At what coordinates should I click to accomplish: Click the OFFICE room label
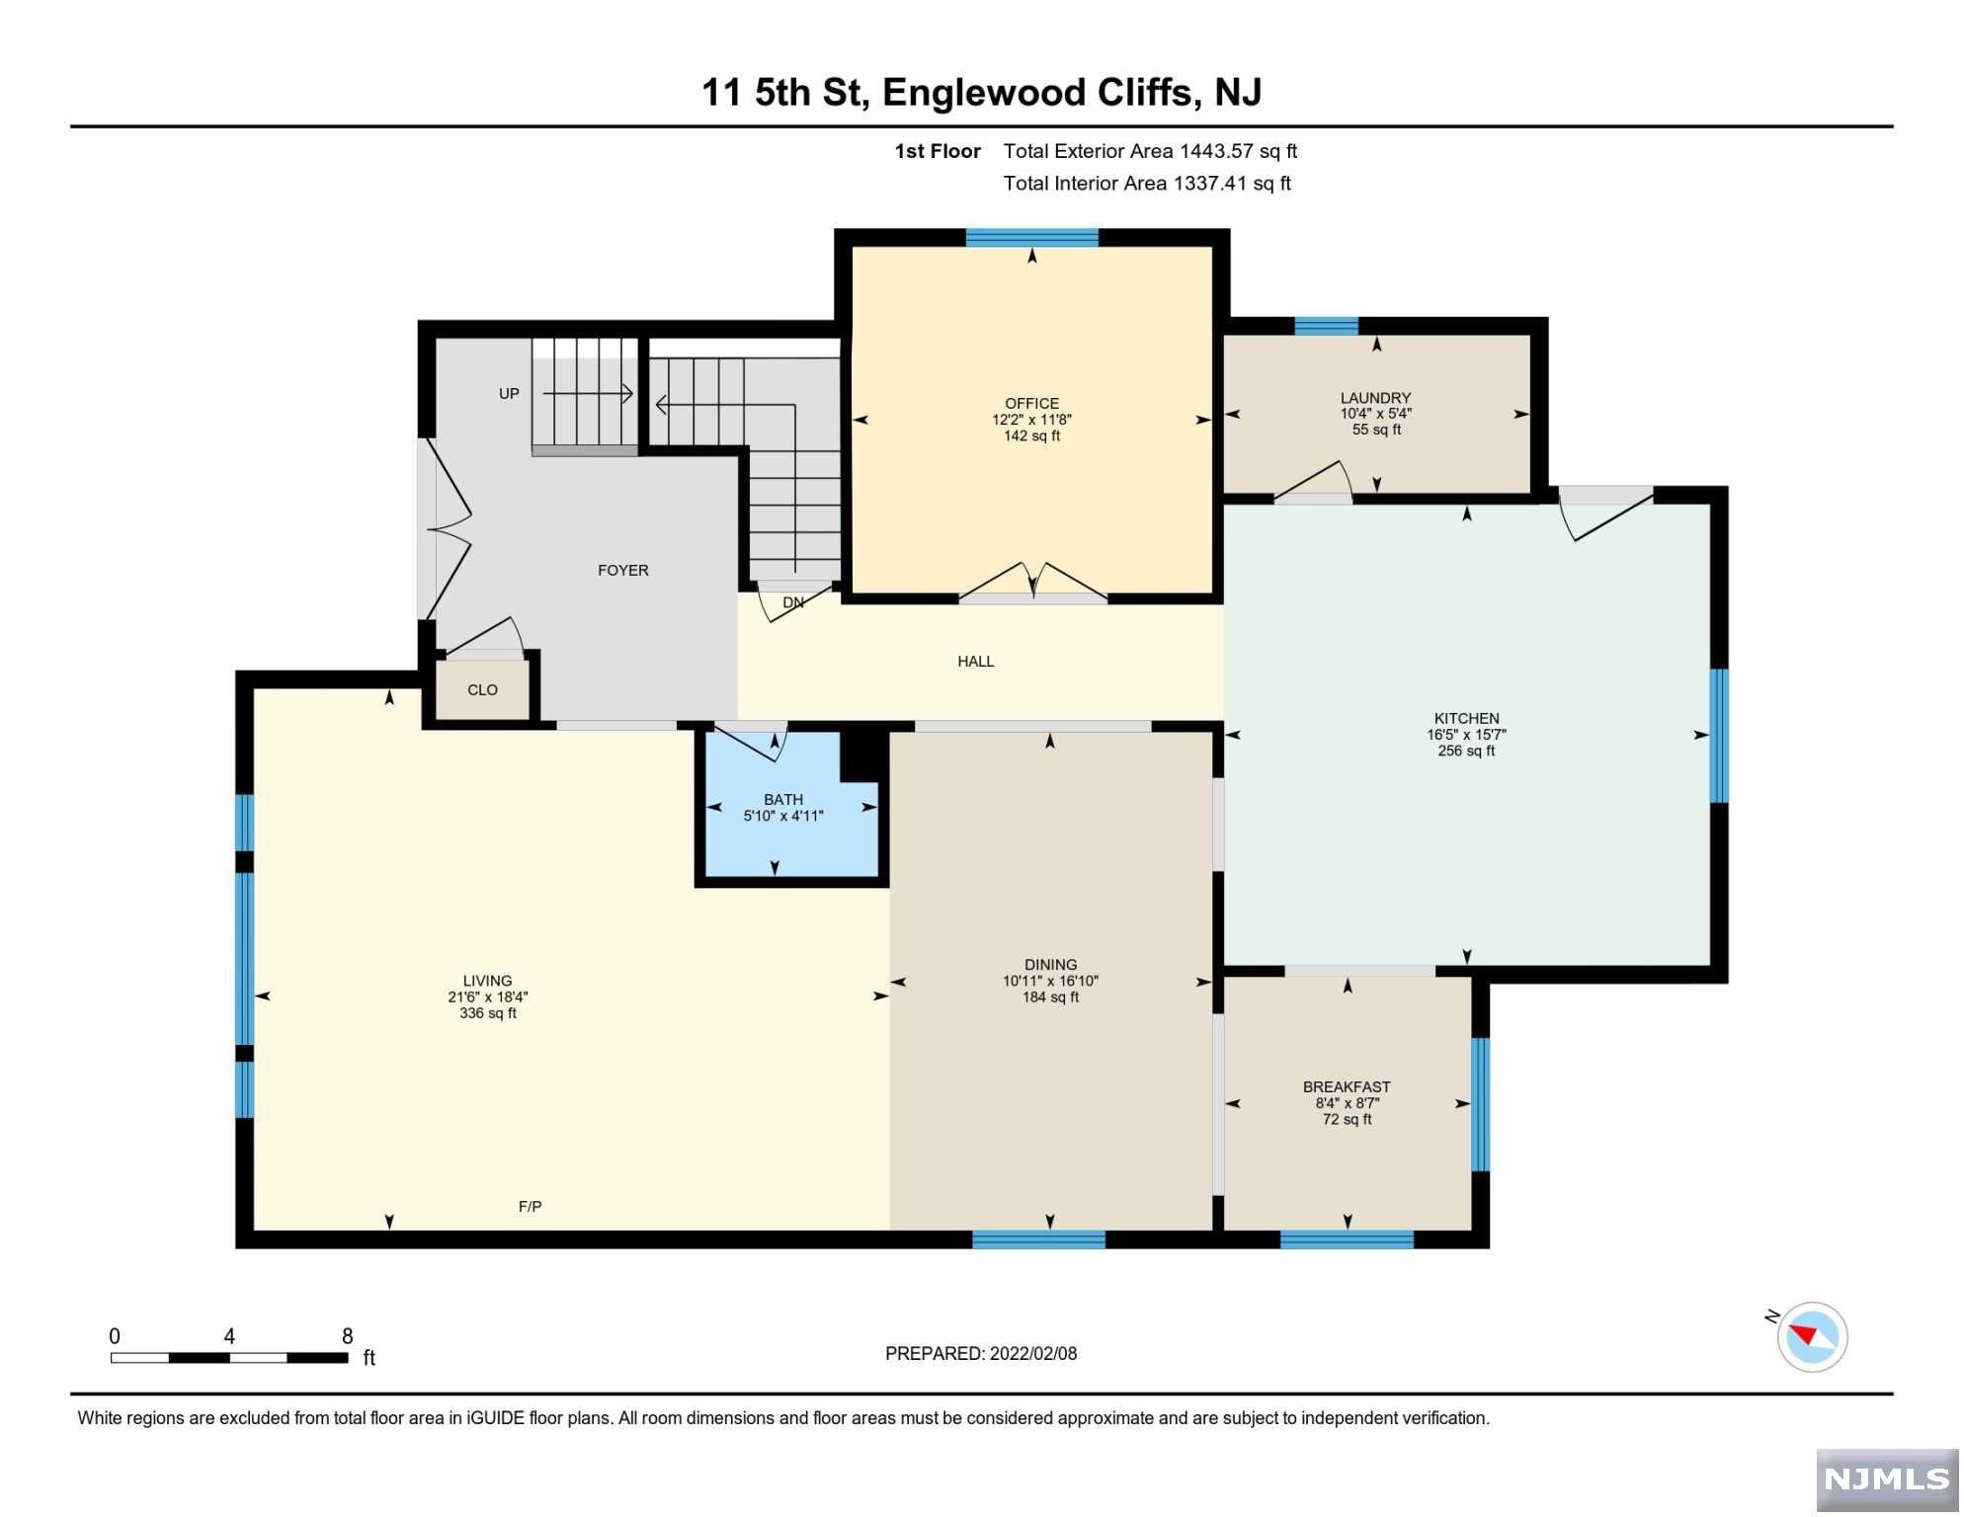1033,404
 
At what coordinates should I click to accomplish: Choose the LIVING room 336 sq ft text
489,1014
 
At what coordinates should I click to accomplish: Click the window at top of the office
1033,238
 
